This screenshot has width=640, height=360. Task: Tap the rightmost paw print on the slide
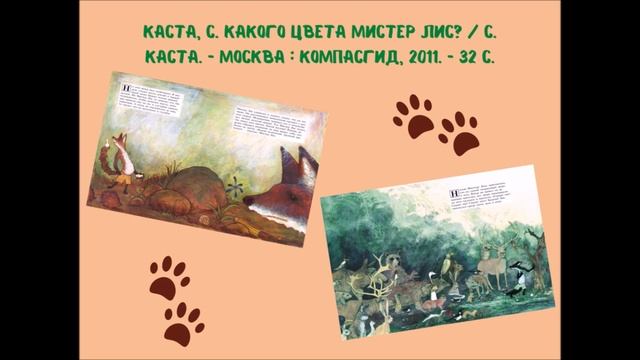pos(459,132)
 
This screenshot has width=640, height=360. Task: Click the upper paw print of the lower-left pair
pos(169,276)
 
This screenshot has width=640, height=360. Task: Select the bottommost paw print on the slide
pos(184,323)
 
